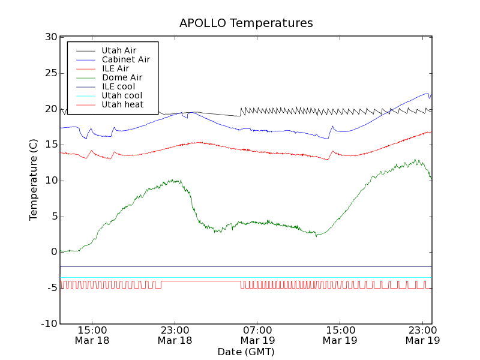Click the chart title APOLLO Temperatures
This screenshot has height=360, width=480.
[246, 23]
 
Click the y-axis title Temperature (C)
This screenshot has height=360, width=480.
[34, 180]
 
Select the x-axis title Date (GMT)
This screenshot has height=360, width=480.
[246, 352]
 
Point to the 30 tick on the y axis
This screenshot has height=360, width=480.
[50, 37]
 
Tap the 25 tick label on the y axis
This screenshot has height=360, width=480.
[50, 73]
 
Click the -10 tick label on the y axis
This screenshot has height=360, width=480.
[48, 324]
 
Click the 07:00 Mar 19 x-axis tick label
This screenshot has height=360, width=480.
[257, 335]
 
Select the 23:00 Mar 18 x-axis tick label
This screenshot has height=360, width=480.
[175, 335]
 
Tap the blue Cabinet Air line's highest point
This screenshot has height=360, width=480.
[428, 93]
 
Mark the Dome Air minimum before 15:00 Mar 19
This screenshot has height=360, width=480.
[316, 236]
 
